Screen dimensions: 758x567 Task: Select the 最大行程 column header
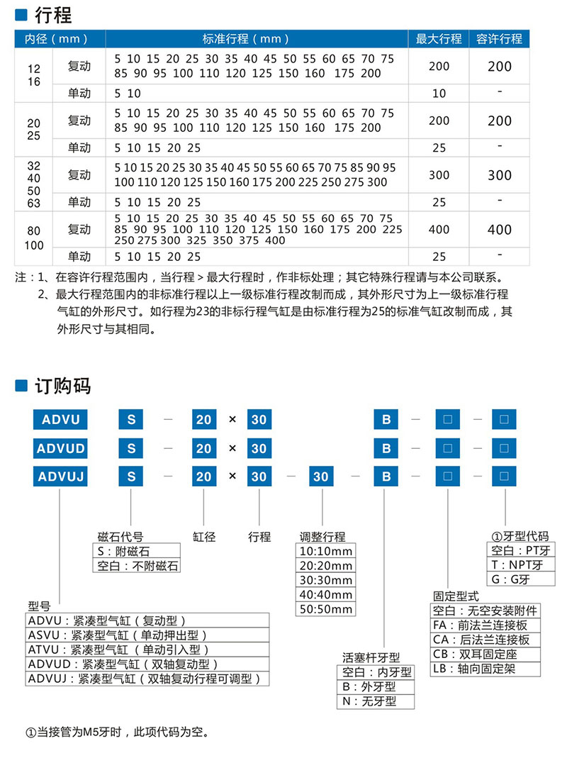[439, 38]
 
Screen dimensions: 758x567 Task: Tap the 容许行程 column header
[499, 38]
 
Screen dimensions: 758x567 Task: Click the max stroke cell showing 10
[439, 93]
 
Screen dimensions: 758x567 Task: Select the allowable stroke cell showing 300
[499, 175]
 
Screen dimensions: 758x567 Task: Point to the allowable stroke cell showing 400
[499, 230]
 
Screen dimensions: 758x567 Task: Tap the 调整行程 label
[322, 537]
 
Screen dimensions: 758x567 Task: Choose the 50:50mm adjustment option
[325, 609]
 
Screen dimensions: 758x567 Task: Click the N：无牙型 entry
[369, 701]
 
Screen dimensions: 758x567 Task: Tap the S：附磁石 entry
[124, 551]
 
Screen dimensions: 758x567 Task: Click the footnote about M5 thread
[118, 731]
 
